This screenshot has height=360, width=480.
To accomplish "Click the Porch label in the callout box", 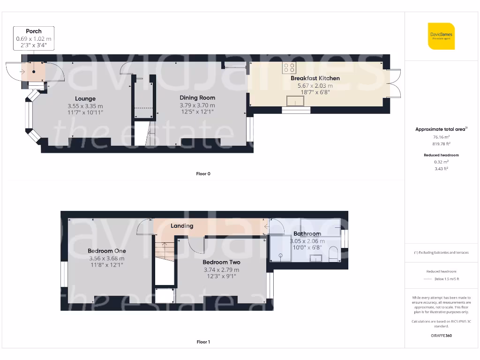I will [34, 31].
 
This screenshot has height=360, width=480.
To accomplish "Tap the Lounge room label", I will [85, 98].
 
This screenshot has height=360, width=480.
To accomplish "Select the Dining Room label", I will [197, 97].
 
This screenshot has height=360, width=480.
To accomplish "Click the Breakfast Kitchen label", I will [315, 78].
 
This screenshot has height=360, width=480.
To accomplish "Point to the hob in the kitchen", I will [289, 67].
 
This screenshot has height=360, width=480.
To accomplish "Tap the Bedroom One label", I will [107, 251].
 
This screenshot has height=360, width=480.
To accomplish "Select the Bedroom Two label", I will [221, 262].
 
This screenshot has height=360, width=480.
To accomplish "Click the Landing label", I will [182, 226].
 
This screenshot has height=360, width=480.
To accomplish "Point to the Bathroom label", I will [307, 233].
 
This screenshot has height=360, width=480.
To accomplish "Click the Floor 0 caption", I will [203, 174].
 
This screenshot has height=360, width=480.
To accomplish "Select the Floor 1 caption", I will [203, 342].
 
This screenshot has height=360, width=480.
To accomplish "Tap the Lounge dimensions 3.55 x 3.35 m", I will [85, 106].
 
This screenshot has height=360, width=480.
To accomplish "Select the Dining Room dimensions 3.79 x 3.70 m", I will [197, 105].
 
